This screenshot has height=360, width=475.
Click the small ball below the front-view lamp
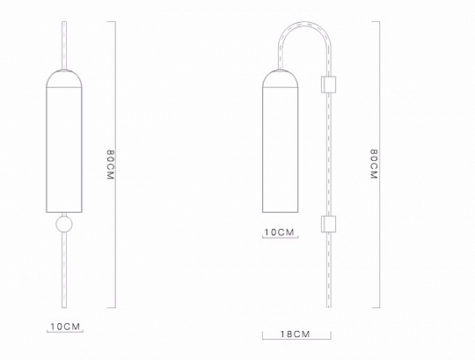[64, 224]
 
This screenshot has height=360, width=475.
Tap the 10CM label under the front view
[65, 327]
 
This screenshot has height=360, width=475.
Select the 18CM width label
[295, 334]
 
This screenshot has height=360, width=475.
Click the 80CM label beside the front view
[111, 165]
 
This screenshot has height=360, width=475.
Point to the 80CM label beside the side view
[374, 164]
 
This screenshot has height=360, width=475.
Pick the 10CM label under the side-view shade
[280, 232]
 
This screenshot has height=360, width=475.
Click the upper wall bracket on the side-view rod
[328, 84]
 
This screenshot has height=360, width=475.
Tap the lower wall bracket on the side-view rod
[328, 224]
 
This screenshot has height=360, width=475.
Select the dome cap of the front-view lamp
[64, 79]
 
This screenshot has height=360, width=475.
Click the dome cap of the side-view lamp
[280, 79]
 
